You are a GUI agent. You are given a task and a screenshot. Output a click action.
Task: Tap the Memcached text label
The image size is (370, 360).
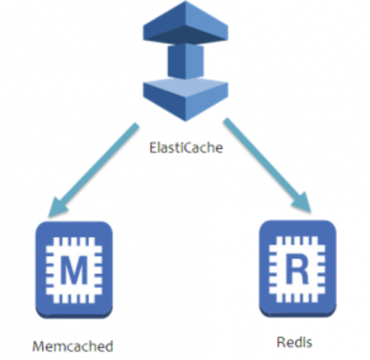[73, 346]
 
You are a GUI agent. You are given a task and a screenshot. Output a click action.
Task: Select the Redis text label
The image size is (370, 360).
[294, 342]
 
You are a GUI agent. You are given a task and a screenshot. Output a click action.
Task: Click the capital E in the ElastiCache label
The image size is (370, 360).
[152, 149]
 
